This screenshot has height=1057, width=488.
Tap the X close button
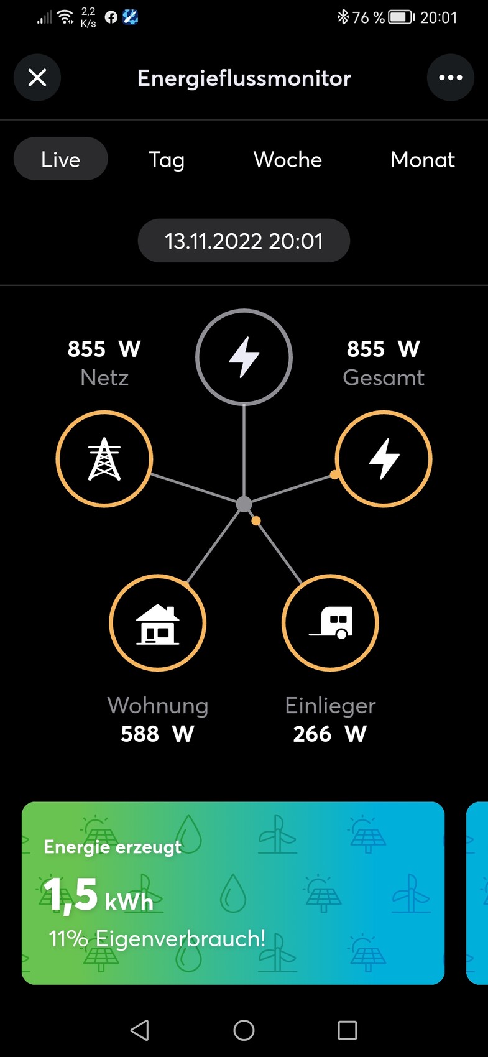[x=37, y=78]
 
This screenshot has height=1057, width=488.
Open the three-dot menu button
[x=450, y=78]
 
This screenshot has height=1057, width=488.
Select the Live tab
[x=61, y=159]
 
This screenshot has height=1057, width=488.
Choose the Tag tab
[x=167, y=160]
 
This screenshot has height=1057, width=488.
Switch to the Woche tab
[x=288, y=160]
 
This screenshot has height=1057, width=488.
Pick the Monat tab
[x=423, y=160]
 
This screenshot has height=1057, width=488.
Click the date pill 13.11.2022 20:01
[x=244, y=241]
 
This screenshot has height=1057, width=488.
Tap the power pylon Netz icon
[x=104, y=459]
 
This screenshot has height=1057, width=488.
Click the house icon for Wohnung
[x=157, y=623]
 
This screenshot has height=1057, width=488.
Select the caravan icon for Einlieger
[x=330, y=623]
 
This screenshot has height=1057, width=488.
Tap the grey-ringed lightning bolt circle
[x=244, y=357]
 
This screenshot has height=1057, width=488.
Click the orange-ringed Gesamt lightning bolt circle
[x=384, y=459]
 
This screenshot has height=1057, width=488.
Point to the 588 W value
[x=157, y=734]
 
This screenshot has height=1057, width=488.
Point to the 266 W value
[x=330, y=734]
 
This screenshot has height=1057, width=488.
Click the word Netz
[x=104, y=377]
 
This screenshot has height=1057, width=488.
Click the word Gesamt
[x=384, y=377]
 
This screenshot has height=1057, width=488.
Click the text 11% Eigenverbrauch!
[x=157, y=938]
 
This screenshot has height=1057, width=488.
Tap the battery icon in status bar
[x=401, y=17]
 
